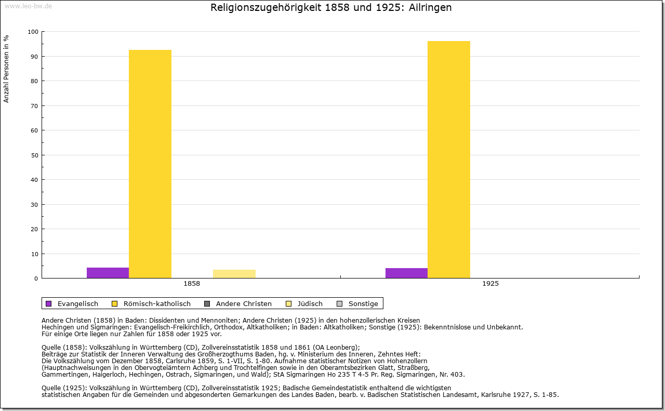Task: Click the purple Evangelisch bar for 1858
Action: (x=108, y=273)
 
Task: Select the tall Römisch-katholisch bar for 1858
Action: (x=150, y=164)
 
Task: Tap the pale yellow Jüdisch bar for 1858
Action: (x=234, y=274)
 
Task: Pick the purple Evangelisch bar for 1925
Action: (x=406, y=273)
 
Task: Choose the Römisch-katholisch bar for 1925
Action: (x=449, y=160)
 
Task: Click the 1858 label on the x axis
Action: (x=192, y=284)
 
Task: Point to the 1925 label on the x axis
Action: (x=490, y=284)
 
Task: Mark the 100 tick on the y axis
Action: (x=33, y=32)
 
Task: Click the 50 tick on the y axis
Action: (x=34, y=155)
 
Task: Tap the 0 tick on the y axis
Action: (x=36, y=279)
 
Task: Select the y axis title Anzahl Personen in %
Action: (x=6, y=69)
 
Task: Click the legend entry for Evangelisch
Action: (x=77, y=304)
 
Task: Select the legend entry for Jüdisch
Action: (x=310, y=304)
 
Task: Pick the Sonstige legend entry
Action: (x=363, y=304)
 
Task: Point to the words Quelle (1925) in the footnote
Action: (x=62, y=388)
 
